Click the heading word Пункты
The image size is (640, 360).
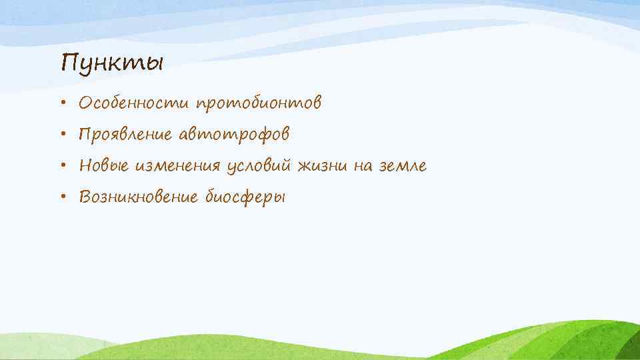(x=111, y=63)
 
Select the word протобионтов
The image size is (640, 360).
(x=259, y=104)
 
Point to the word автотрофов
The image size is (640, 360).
(x=233, y=135)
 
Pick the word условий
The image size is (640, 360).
(x=259, y=166)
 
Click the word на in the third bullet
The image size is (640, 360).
(x=366, y=166)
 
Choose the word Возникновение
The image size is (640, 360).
(x=138, y=197)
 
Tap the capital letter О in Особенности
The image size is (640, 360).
(x=85, y=103)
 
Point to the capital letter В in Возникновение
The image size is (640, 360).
(x=85, y=197)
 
